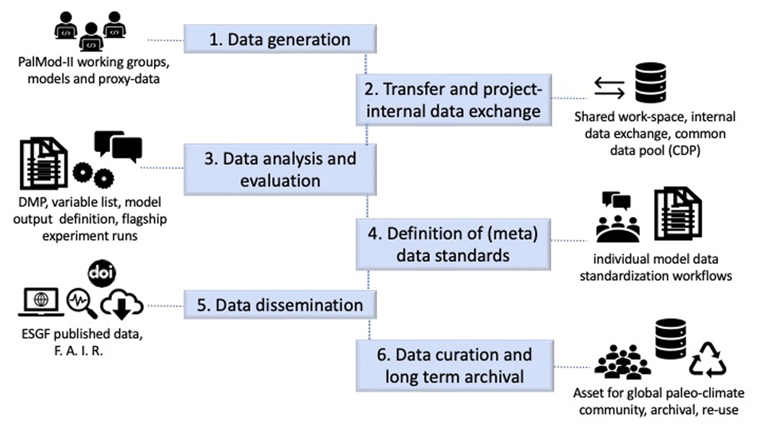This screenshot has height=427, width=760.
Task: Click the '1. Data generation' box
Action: pos(280,39)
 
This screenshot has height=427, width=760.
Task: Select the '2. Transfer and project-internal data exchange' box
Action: pos(453,100)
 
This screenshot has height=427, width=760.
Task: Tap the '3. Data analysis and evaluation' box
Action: pos(280,170)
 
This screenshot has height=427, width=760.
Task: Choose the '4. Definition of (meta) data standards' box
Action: pos(453,244)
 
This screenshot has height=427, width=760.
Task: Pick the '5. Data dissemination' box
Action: pos(280,305)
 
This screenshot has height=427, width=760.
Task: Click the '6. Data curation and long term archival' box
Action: pos(455,366)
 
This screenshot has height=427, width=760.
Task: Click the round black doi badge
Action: pos(102,273)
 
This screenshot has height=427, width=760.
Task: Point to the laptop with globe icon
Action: pos(41,302)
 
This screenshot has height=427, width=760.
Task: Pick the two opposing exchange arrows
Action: pos(609,88)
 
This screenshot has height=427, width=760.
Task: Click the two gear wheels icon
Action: pos(93,175)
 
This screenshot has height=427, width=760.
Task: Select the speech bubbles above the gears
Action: pos(118,146)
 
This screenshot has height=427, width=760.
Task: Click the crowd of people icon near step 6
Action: pos(623,362)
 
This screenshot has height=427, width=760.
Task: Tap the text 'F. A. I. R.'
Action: pos(79,351)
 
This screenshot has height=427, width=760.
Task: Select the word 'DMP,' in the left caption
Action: pos(31,202)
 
